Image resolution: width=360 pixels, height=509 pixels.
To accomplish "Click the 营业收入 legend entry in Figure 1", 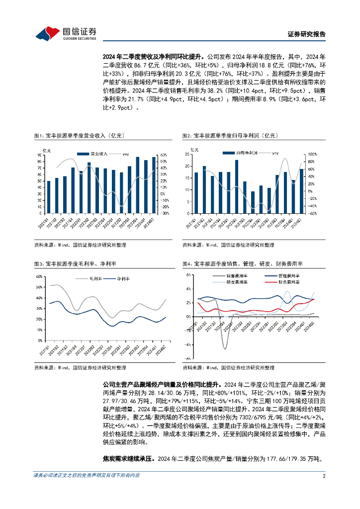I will click(95, 154).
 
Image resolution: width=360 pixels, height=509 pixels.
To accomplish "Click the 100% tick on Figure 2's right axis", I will click(313, 155).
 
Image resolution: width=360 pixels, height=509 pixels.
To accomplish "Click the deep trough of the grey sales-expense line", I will click(224, 347).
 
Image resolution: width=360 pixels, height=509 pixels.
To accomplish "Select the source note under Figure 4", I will click(228, 368).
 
